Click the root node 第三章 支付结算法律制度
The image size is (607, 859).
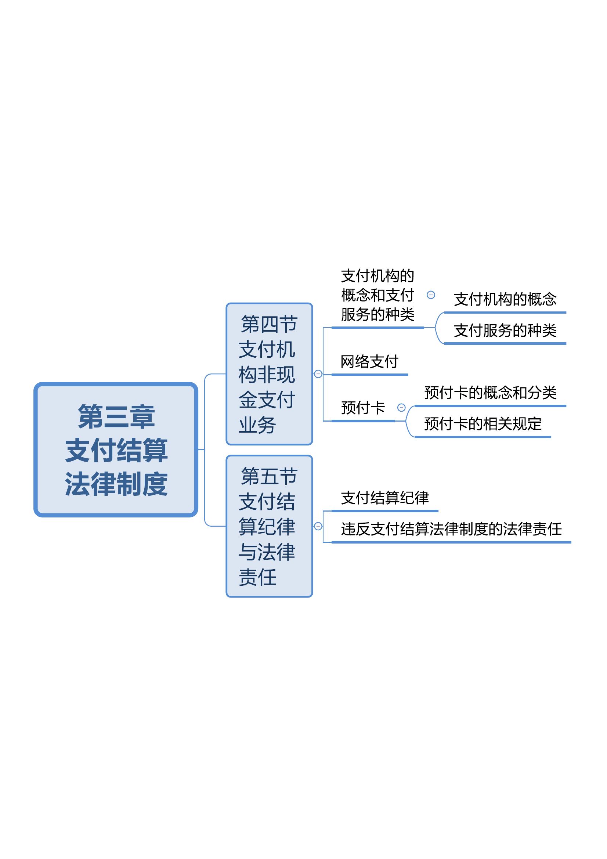pyautogui.click(x=116, y=450)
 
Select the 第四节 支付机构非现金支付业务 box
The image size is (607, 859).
pyautogui.click(x=269, y=374)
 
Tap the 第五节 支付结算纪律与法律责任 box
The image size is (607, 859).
pyautogui.click(x=269, y=526)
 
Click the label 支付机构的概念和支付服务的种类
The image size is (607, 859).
pyautogui.click(x=378, y=295)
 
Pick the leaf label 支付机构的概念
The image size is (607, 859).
pyautogui.click(x=505, y=299)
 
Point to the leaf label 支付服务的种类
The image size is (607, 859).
pyautogui.click(x=505, y=331)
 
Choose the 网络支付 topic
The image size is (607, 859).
pyautogui.click(x=369, y=361)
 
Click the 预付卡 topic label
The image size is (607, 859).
pyautogui.click(x=363, y=408)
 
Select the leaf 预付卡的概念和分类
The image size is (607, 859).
pyautogui.click(x=490, y=393)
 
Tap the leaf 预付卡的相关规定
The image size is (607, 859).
pyautogui.click(x=483, y=423)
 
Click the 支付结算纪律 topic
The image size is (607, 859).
pyautogui.click(x=385, y=498)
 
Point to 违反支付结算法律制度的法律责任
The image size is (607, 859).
pyautogui.click(x=451, y=529)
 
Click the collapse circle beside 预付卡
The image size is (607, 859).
pyautogui.click(x=401, y=408)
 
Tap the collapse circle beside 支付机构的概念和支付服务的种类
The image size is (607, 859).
pyautogui.click(x=431, y=295)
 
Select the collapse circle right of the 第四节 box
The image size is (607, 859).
pyautogui.click(x=318, y=374)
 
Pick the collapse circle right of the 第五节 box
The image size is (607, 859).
pyautogui.click(x=318, y=526)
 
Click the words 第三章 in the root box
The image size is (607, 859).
pyautogui.click(x=116, y=416)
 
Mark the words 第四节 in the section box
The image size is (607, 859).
pyautogui.click(x=269, y=324)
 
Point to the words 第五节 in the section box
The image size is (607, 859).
pyautogui.click(x=269, y=476)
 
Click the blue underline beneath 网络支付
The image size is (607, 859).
pyautogui.click(x=369, y=375)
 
